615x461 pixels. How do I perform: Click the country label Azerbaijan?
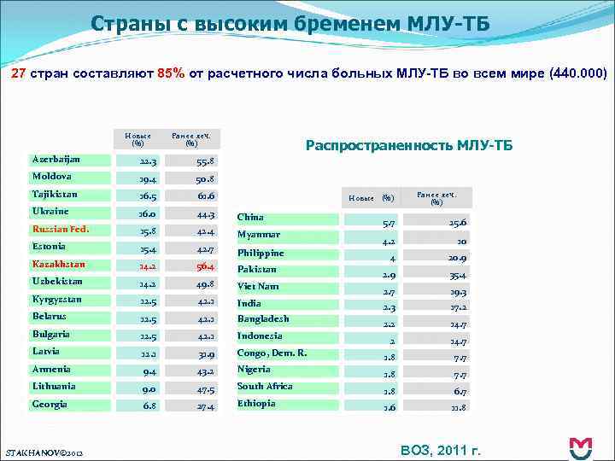point(56,160)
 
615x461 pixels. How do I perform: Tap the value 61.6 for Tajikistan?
point(204,195)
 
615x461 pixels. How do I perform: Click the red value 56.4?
point(204,266)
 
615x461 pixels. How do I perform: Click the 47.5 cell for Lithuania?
point(204,388)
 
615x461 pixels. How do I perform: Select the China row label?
point(250,217)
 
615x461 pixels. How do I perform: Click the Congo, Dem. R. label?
point(272,353)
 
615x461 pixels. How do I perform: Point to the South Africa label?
point(265,386)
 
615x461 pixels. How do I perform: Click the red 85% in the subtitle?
point(168,73)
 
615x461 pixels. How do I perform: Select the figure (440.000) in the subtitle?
point(579,73)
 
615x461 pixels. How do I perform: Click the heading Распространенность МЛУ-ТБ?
point(409,146)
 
